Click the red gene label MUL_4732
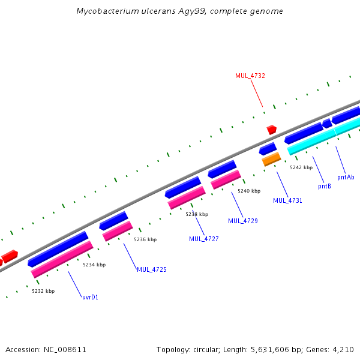pos(250,76)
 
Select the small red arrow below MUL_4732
pos(272,129)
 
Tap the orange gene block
pos(271,159)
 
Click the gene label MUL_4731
pos(287,200)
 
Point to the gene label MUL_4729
pos(243,221)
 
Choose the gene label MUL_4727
pos(204,239)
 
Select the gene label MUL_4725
pos(152,269)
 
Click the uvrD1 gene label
pos(90,296)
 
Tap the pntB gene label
pos(325,186)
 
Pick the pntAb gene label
pos(346,177)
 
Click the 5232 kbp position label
pos(43,291)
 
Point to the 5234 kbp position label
pos(94,265)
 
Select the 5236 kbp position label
pos(145,239)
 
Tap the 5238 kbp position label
pos(197,214)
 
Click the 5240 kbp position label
pos(249,191)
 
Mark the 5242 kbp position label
pos(301,167)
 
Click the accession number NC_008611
pos(64,349)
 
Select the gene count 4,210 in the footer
pos(343,349)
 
